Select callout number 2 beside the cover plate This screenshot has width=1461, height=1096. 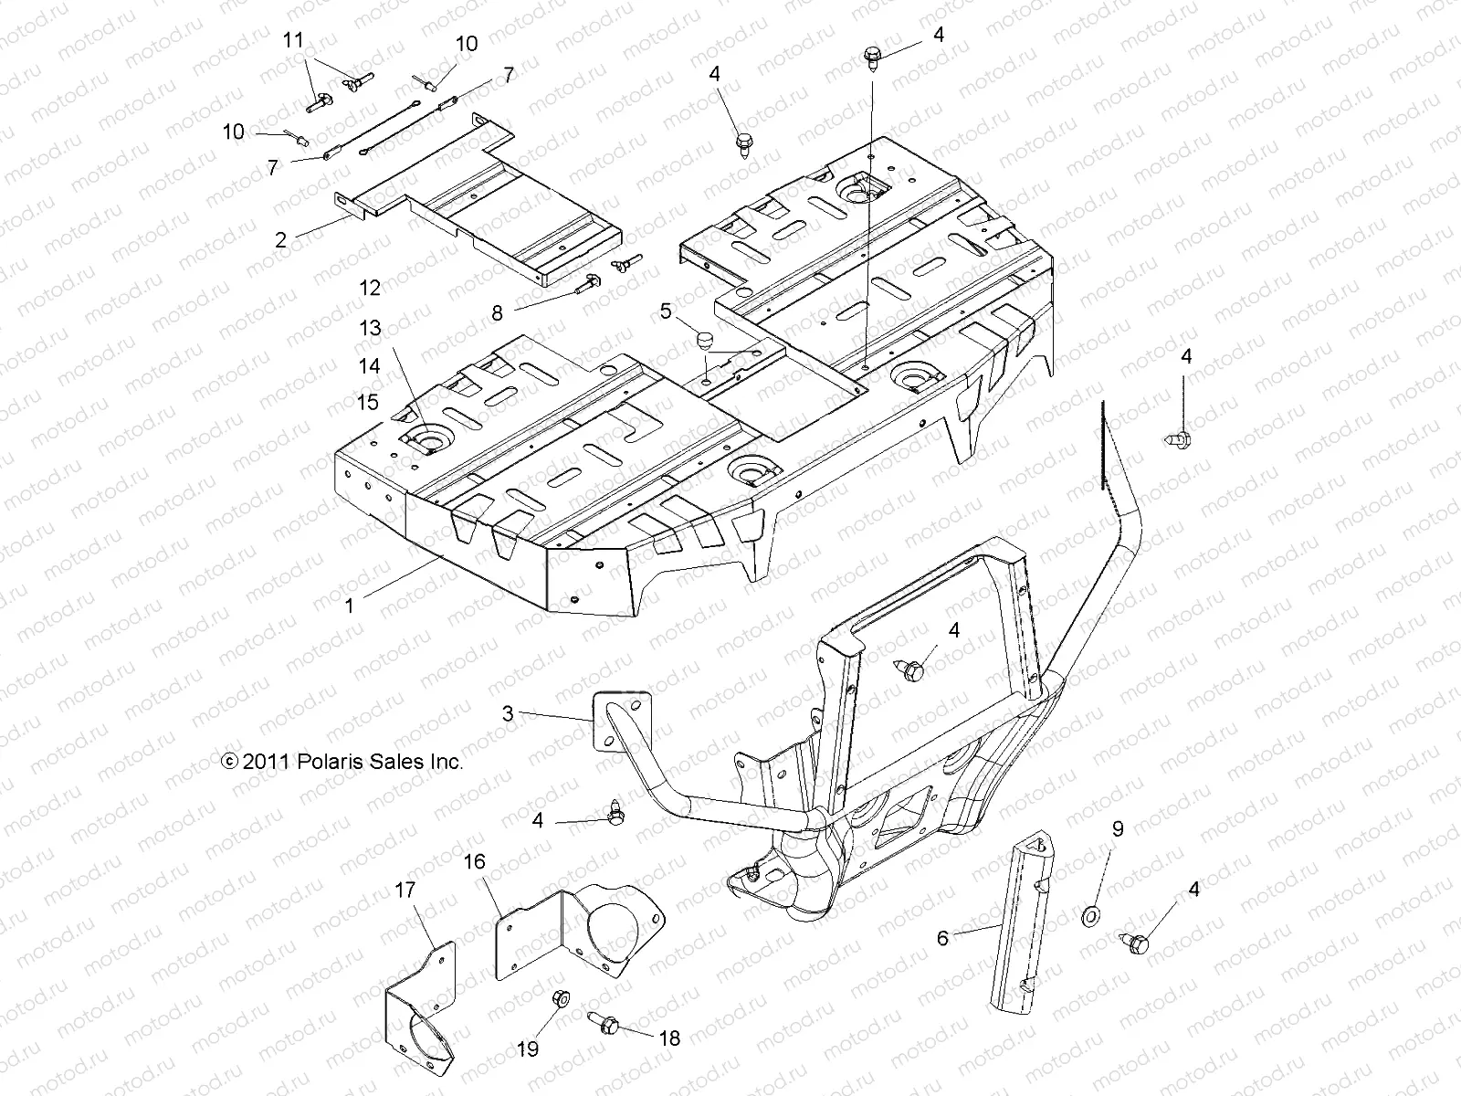click(x=281, y=240)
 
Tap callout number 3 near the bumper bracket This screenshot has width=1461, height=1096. click(x=508, y=713)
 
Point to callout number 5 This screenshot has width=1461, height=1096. click(x=666, y=312)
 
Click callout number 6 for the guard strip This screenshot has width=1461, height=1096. click(x=943, y=937)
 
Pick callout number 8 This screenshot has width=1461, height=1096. click(x=497, y=313)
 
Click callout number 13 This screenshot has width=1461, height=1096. click(x=370, y=329)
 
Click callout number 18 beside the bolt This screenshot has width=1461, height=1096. click(x=669, y=1038)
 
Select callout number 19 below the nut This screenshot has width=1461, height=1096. click(x=529, y=1049)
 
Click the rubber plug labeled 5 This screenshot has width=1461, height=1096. click(x=704, y=342)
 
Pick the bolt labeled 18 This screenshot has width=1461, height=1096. click(x=605, y=1024)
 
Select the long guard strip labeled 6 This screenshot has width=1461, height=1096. click(x=1023, y=922)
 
